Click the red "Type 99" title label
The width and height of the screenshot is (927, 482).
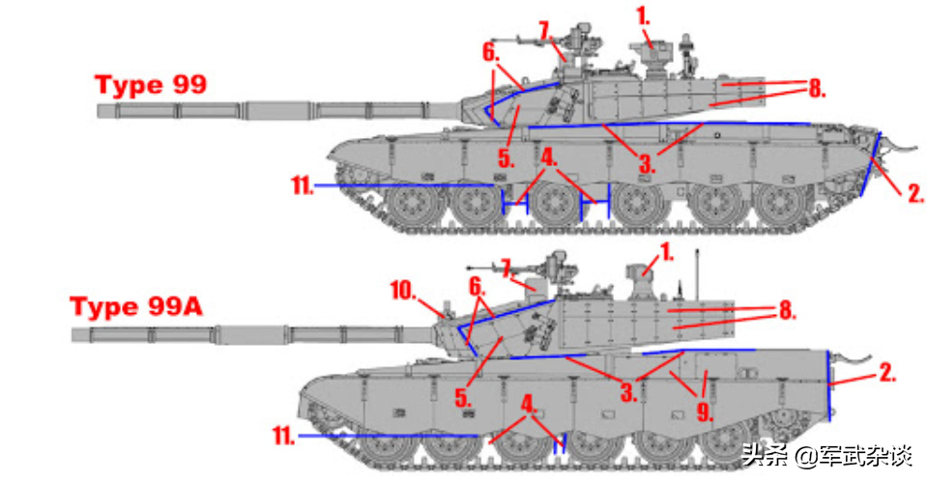[151, 84]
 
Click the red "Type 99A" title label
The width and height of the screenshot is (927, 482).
[136, 307]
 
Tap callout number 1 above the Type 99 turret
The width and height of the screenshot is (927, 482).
[643, 16]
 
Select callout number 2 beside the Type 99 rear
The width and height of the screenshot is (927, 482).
[915, 192]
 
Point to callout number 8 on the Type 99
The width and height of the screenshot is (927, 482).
[817, 89]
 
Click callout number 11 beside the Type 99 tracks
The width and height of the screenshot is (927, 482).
[303, 185]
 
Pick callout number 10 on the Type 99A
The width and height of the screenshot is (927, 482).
[403, 291]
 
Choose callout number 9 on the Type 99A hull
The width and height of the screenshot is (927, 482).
[704, 411]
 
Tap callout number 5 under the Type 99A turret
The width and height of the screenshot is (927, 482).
[463, 398]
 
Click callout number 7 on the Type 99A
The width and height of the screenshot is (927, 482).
[507, 268]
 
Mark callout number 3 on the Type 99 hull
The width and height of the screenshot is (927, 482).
[647, 163]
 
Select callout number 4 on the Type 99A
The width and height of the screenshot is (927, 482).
[529, 405]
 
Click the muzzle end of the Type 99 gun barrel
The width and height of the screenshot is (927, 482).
[99, 110]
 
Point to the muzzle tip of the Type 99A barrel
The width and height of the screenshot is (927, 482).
[73, 335]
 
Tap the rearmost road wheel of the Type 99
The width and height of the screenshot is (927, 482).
[781, 205]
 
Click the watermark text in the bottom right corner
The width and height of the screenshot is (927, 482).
[827, 456]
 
